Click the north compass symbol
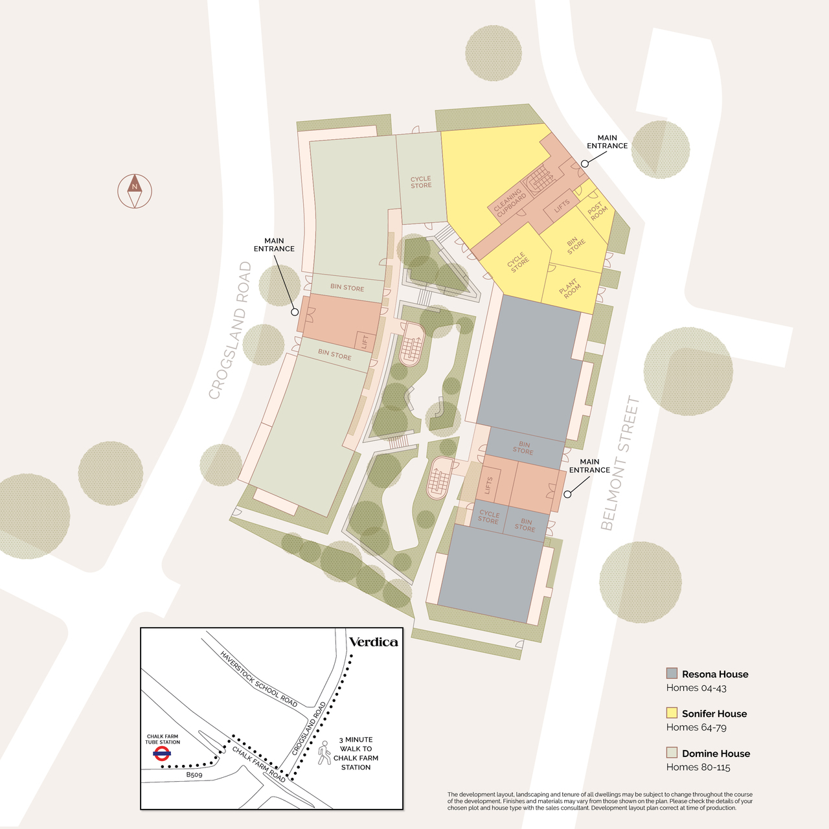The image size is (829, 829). [134, 191]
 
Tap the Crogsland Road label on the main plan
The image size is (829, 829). [231, 330]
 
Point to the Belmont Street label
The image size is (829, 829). [620, 464]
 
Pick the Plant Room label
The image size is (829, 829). [570, 289]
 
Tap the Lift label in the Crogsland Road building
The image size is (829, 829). [365, 341]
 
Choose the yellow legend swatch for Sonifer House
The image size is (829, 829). [672, 713]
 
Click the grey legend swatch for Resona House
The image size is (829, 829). [672, 674]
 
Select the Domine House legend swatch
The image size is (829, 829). [672, 753]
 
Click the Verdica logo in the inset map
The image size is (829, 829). [373, 642]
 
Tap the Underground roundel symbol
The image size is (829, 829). [162, 753]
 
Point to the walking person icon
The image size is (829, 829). [324, 753]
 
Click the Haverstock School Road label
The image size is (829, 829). [259, 679]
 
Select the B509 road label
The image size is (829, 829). [194, 775]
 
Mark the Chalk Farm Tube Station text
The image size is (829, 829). [163, 739]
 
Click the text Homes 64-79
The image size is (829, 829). [692, 727]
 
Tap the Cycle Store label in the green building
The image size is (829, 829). [421, 182]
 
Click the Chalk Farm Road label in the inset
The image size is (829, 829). [259, 764]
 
